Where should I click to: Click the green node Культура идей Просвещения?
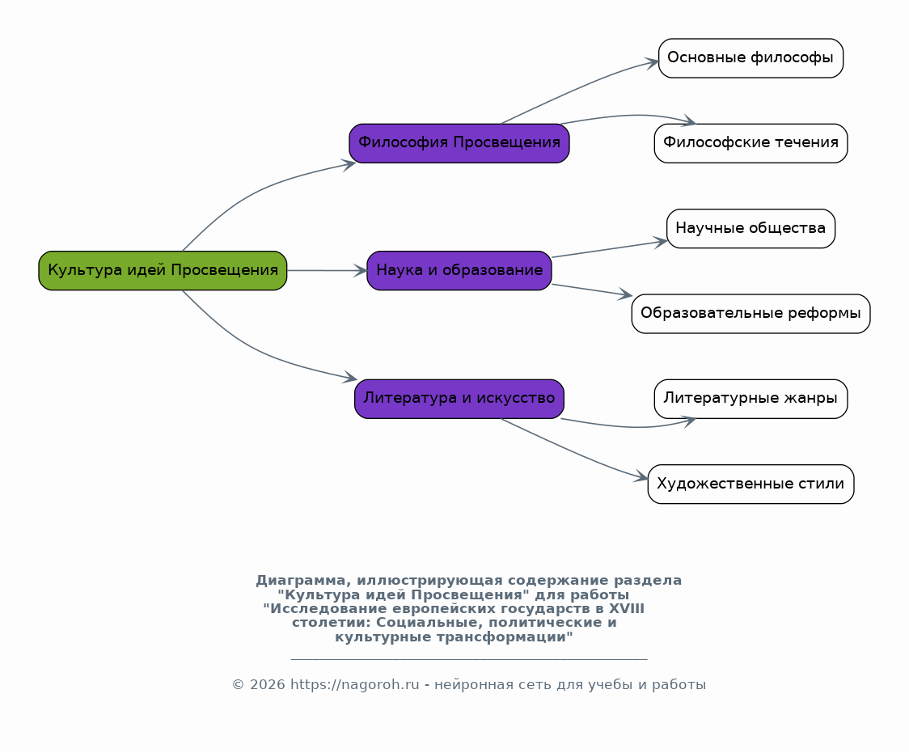[x=163, y=271]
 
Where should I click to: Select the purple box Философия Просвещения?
[x=459, y=143]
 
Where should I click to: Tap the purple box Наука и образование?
[x=459, y=271]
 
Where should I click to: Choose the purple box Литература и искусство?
[x=459, y=399]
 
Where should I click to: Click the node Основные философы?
[x=750, y=58]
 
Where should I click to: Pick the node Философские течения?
[x=750, y=143]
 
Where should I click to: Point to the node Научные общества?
[x=750, y=228]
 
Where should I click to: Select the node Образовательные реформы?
[x=750, y=314]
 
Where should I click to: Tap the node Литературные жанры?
[x=750, y=399]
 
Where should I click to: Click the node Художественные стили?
[x=750, y=484]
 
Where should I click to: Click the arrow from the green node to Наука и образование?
[x=328, y=271]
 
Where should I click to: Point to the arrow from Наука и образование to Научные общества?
[x=609, y=248]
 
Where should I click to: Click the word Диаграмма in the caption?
[x=303, y=581]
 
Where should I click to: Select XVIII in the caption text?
[x=626, y=609]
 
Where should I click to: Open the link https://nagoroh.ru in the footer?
[x=354, y=684]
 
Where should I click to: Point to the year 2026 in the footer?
[x=267, y=684]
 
